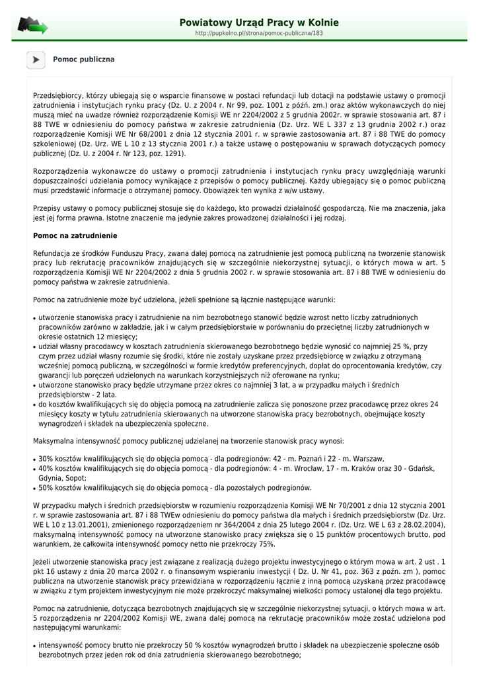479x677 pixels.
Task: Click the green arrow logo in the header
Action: [x=32, y=26]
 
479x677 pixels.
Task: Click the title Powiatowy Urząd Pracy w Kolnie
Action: [x=259, y=22]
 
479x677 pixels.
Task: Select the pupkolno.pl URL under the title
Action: [x=259, y=32]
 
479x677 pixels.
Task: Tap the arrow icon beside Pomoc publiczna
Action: [x=36, y=60]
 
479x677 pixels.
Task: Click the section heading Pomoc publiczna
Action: [x=83, y=60]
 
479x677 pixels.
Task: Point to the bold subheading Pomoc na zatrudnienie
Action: [x=75, y=235]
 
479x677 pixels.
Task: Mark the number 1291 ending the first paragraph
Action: [x=174, y=153]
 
